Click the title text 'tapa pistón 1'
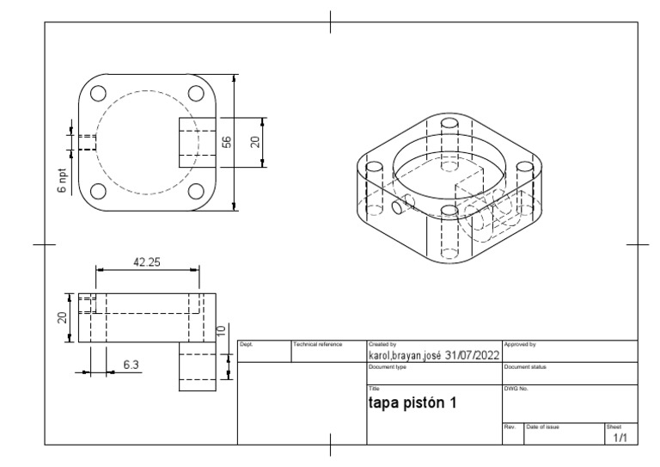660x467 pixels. tap(412, 403)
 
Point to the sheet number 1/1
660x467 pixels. tap(620, 439)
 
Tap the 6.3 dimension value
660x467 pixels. tap(131, 365)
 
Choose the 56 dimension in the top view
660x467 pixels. tap(227, 141)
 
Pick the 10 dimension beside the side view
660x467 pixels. tap(222, 330)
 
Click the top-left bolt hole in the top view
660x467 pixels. tap(98, 93)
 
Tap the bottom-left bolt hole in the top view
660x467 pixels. tap(98, 191)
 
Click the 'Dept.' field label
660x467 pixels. tap(245, 344)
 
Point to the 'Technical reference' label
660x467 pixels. tap(318, 344)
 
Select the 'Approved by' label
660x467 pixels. tap(520, 344)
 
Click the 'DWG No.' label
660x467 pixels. tap(515, 390)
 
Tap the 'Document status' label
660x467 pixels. tap(525, 367)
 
